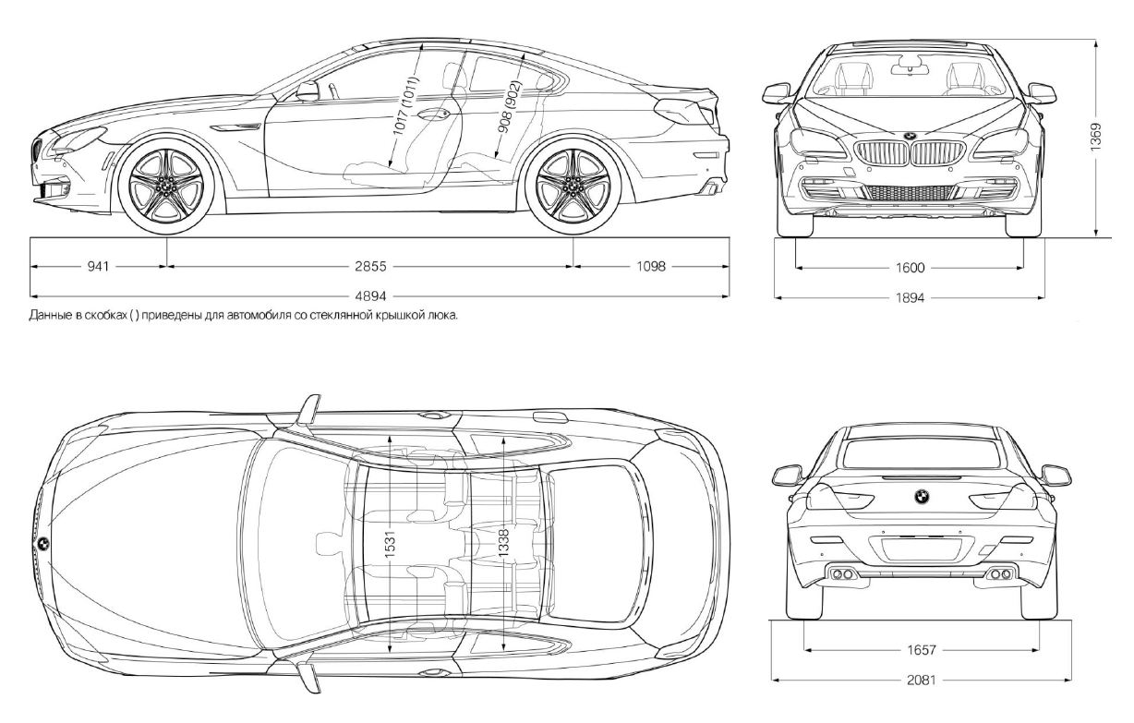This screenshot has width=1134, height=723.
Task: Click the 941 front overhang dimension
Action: click(99, 267)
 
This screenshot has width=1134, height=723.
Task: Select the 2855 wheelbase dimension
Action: click(369, 267)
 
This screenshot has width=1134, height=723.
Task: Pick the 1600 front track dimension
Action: click(911, 268)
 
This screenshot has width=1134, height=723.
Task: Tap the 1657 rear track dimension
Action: click(922, 650)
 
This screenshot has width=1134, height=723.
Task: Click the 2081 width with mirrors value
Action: click(922, 681)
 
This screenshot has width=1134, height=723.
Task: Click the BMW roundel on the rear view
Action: click(921, 496)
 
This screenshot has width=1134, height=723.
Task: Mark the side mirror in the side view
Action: click(307, 90)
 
